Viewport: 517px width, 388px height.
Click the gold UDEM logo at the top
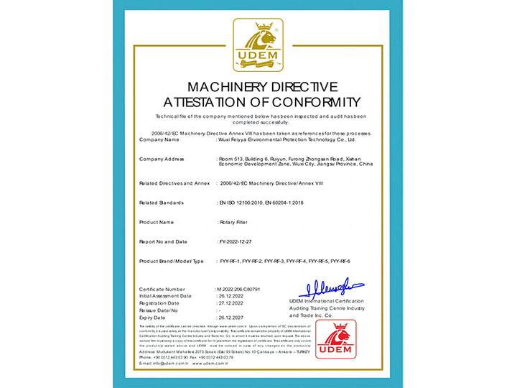[x=258, y=45]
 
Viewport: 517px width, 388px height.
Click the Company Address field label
[x=162, y=159]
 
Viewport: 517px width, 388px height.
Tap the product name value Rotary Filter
[x=236, y=222]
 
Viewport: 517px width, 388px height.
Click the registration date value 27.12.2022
[x=233, y=302]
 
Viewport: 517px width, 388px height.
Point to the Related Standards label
[x=161, y=203]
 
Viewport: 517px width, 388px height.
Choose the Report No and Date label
[x=163, y=241]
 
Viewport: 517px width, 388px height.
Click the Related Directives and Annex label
[x=174, y=183]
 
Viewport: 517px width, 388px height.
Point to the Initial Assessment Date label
[x=165, y=295]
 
